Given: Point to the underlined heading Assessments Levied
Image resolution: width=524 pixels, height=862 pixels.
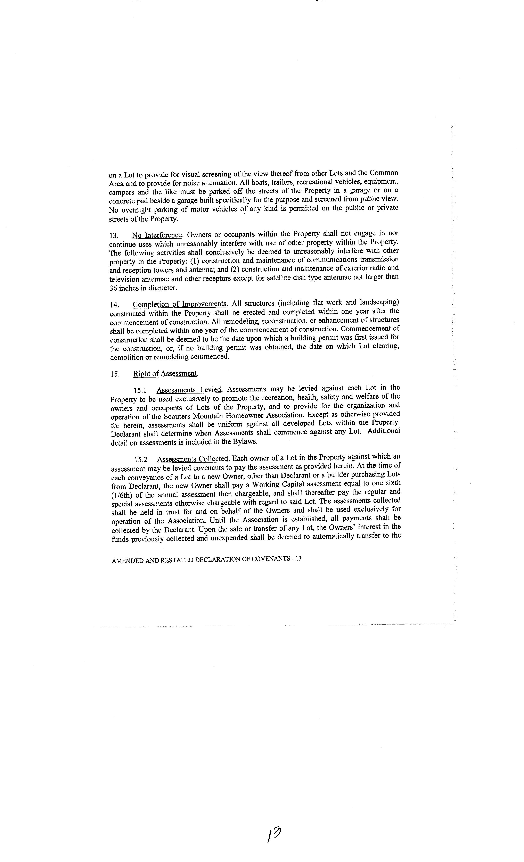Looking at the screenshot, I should click(x=189, y=390).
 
